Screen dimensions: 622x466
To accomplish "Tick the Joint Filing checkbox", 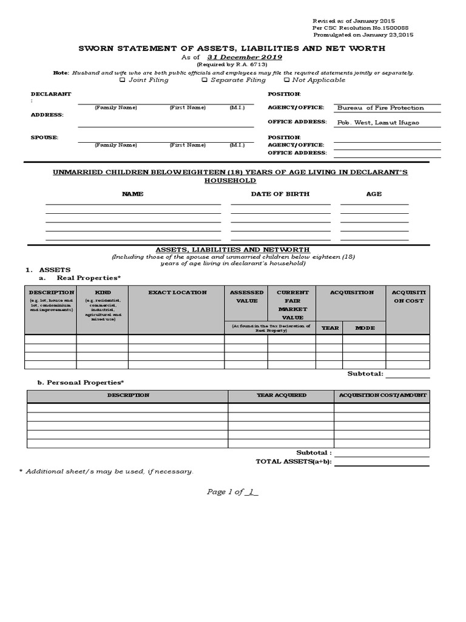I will tap(123, 80).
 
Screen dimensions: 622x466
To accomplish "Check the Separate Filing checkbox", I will tap(204, 80).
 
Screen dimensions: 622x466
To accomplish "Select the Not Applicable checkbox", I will tap(286, 80).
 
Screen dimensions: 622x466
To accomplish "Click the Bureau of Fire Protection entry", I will tap(380, 108).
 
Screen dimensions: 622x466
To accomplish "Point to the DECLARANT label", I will tap(51, 94).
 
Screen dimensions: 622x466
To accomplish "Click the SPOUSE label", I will tap(44, 138).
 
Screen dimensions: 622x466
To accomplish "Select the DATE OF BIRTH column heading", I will tap(280, 194).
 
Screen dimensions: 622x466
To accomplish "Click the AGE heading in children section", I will tap(374, 194).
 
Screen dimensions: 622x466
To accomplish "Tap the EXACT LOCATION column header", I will tap(177, 293).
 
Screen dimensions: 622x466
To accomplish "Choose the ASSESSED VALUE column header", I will tap(246, 296).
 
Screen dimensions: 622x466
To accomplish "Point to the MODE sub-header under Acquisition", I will tap(365, 328).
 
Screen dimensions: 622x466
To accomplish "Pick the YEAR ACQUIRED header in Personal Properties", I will tap(282, 395).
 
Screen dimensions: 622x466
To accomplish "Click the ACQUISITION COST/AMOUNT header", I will tap(382, 395).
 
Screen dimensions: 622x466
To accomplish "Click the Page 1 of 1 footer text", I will tap(232, 492).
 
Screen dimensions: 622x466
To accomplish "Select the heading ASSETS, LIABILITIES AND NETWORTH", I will tap(233, 250).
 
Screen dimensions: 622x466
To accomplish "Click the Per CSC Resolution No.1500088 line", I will tap(351, 28).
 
